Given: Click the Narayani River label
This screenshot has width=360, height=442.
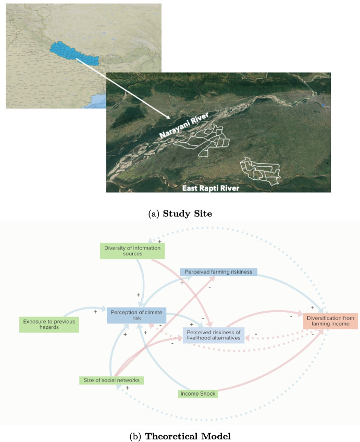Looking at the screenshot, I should pos(183,126).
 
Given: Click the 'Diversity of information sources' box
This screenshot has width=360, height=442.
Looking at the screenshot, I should pos(132,251).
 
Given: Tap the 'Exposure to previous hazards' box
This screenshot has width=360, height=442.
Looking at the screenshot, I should pos(48,324).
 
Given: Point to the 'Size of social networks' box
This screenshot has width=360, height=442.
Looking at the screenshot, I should pos(111,380).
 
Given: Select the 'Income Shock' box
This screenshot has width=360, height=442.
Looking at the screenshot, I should pos(197,394).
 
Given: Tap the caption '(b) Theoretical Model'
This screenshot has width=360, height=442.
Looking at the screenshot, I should pos(180,433).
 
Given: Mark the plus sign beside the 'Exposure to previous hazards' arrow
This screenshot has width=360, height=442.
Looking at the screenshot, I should pos(95,312).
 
